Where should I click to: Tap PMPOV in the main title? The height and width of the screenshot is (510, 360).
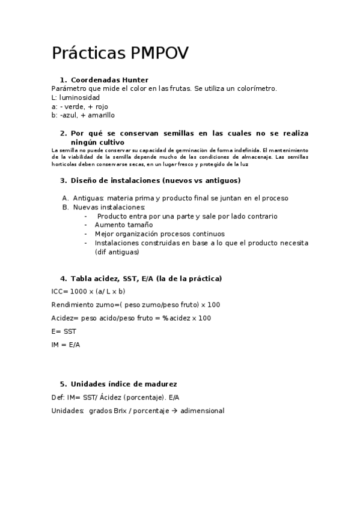(x=159, y=54)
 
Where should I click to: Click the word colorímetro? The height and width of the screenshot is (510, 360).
(x=255, y=88)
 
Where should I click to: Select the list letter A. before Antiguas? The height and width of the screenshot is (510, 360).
(x=66, y=198)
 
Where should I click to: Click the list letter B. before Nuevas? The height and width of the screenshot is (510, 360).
(x=66, y=207)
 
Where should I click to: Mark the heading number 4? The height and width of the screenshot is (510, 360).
(x=63, y=278)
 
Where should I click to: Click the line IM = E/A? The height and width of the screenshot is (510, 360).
(x=66, y=345)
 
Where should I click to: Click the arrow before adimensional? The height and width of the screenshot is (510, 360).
(x=174, y=411)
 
